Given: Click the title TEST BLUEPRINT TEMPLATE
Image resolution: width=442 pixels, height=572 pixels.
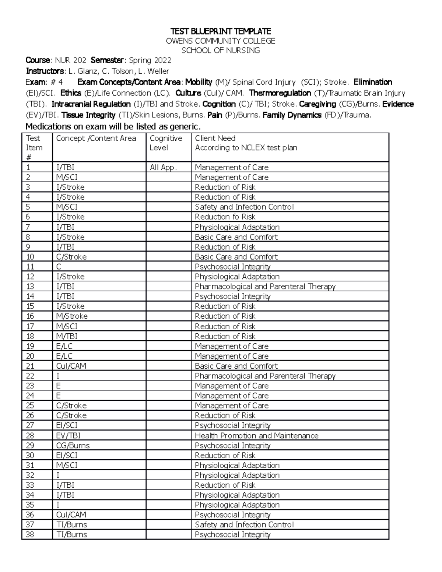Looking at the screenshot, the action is [x=220, y=31].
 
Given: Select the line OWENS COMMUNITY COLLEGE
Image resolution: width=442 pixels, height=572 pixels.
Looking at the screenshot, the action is [x=220, y=41].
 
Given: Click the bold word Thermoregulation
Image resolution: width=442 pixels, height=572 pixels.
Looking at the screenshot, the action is [x=280, y=93].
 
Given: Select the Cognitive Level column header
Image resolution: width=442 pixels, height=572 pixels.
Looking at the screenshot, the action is [x=166, y=143].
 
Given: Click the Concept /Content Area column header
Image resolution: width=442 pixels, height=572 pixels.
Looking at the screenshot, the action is [x=96, y=138].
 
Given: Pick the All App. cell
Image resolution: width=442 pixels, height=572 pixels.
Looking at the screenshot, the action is [x=164, y=168].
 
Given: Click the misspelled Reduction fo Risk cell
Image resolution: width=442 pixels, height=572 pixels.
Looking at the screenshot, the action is [x=225, y=217].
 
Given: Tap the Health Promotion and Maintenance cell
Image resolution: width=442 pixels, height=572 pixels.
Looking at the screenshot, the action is [x=256, y=436].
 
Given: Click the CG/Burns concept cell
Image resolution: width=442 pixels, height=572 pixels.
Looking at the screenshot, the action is [x=73, y=446].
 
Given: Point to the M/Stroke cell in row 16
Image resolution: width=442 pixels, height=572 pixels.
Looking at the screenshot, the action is [x=72, y=316].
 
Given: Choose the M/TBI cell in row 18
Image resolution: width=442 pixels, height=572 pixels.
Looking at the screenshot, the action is [x=67, y=336].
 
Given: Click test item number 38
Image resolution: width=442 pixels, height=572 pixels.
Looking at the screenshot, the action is [x=30, y=535].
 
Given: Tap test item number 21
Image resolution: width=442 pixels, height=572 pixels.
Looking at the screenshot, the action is [x=30, y=366].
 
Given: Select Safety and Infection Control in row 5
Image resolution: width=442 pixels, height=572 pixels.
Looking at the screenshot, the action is [x=244, y=207].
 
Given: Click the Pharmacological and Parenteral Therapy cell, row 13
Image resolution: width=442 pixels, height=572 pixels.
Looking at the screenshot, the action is [x=265, y=287].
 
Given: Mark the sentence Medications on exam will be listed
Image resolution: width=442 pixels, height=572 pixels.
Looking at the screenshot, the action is [x=113, y=127].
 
